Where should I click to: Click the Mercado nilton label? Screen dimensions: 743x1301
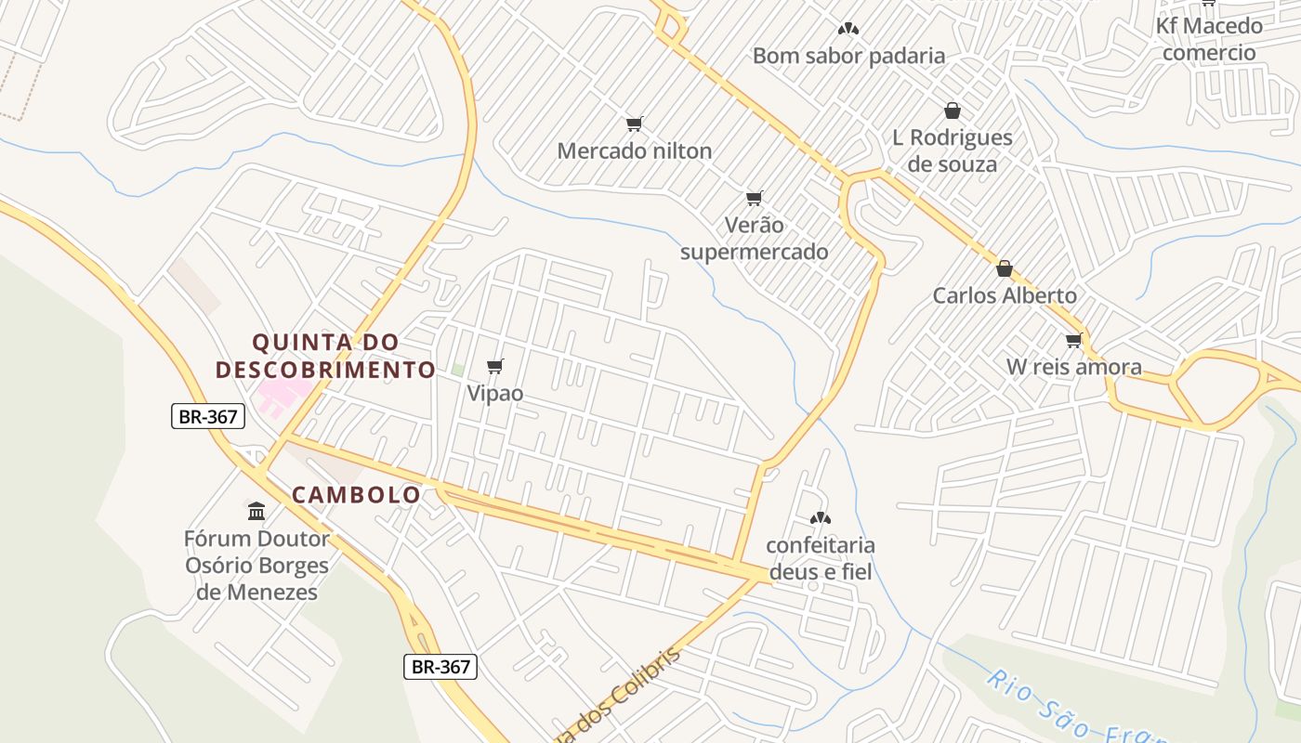[634, 150]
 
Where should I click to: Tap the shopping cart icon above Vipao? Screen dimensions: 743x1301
[495, 366]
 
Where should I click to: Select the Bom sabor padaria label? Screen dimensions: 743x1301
[848, 56]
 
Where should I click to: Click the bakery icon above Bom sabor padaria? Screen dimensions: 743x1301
[848, 30]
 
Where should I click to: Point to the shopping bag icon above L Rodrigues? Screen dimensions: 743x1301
[952, 111]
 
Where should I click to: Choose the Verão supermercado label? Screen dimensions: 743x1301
[754, 239]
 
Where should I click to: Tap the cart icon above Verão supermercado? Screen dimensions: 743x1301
[755, 198]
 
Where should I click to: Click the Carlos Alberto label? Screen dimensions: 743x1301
[1004, 295]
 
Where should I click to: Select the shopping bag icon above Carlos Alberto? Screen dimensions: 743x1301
[1004, 269]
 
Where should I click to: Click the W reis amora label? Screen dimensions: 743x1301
[1073, 367]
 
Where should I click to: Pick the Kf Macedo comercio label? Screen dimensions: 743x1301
[1208, 39]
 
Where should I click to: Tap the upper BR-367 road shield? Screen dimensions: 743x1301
[208, 416]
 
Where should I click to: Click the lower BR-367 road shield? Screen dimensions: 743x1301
[441, 666]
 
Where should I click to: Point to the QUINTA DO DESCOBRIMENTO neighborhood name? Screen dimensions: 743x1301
[325, 356]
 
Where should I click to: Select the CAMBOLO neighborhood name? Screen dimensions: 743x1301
[357, 495]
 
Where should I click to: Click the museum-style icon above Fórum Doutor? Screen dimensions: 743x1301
[256, 511]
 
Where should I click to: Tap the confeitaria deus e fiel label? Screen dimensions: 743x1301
[820, 558]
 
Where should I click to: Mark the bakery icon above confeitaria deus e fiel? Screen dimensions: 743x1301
[820, 518]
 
